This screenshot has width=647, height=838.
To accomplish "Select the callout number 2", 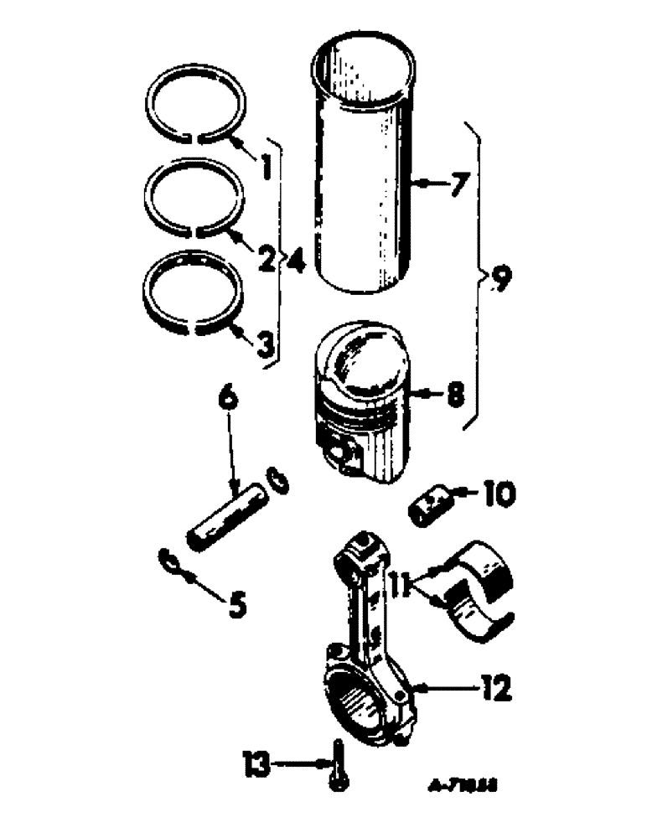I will click(265, 259).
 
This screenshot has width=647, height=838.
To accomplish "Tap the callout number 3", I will click(265, 344).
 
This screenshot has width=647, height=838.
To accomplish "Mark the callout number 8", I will click(454, 394).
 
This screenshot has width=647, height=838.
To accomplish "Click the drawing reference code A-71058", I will click(455, 788).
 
